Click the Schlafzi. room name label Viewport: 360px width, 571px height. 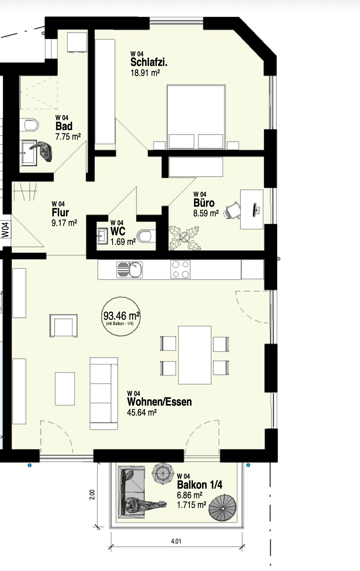[x=149, y=62]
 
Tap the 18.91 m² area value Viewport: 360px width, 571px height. [x=145, y=73]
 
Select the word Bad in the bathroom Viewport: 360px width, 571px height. [x=64, y=126]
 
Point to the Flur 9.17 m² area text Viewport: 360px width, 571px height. [x=64, y=223]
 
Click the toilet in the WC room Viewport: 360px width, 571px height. [x=146, y=236]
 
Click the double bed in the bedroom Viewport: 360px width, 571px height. [x=196, y=117]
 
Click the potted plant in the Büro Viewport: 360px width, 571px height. [x=184, y=238]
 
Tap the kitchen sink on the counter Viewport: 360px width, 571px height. [x=129, y=269]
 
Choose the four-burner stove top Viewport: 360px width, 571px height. [x=180, y=269]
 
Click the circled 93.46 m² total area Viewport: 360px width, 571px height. [x=121, y=317]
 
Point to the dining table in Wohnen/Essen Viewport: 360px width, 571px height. [x=195, y=355]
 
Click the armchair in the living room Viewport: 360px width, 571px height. [x=63, y=326]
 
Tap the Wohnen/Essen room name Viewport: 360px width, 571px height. [x=159, y=402]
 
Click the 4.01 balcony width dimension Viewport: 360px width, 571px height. [x=176, y=541]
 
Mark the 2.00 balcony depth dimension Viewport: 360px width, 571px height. [x=92, y=494]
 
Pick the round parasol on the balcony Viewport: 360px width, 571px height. [x=222, y=509]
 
